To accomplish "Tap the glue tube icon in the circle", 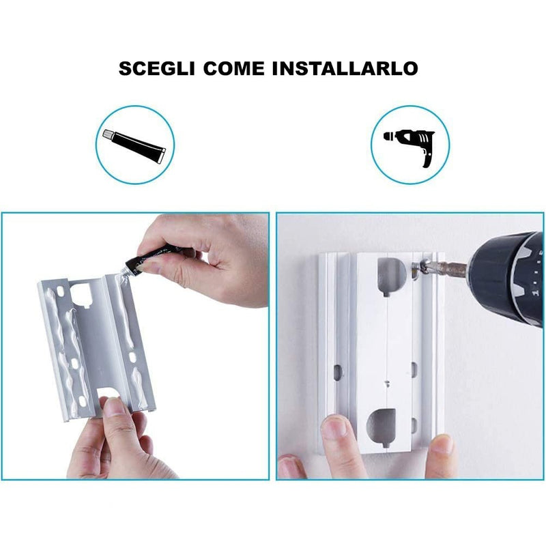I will [x=134, y=144].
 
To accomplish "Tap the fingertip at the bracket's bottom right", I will [x=442, y=445].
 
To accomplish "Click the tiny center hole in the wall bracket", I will [x=387, y=382].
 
